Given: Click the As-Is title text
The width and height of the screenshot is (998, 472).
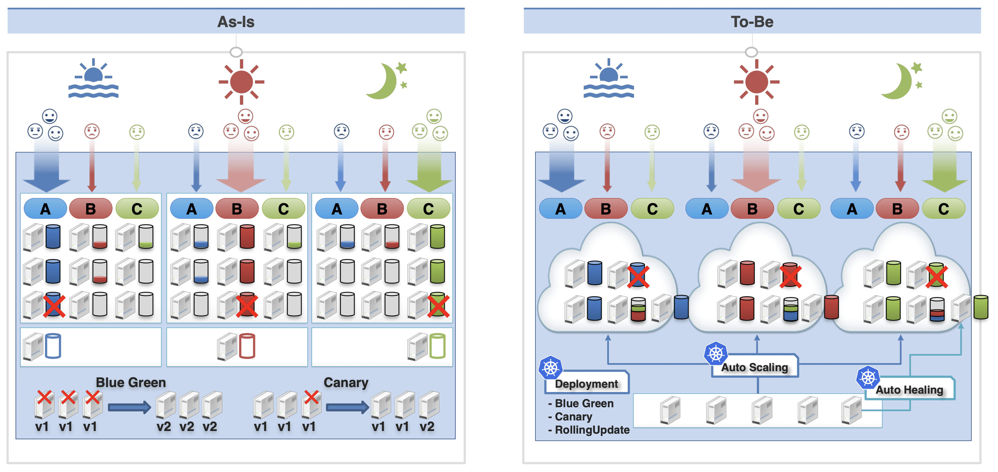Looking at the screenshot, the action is [236, 22].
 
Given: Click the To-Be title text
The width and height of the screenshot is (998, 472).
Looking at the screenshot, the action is [752, 22].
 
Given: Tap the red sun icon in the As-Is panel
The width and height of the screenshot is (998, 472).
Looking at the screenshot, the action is [241, 82].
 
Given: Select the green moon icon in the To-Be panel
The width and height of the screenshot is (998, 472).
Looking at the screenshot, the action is [901, 81].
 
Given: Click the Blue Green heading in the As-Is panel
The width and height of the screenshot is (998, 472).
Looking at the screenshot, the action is [131, 382].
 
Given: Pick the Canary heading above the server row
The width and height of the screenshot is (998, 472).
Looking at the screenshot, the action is [346, 382].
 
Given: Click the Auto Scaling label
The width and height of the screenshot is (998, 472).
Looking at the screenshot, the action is [754, 367].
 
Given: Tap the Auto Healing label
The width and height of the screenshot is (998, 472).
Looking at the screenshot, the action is [909, 390].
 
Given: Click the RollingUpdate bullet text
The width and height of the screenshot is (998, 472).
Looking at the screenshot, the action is [589, 430].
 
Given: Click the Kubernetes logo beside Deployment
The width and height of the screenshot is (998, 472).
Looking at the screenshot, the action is [551, 368].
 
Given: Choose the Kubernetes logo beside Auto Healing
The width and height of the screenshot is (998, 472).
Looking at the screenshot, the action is [868, 377].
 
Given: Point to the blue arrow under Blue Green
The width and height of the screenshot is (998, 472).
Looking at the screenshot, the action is [129, 407].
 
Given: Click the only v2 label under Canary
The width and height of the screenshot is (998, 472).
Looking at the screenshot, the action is [427, 426].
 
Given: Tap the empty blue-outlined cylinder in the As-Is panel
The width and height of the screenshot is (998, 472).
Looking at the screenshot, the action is [53, 346].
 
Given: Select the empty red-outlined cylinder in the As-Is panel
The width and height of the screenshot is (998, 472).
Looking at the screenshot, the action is [247, 346].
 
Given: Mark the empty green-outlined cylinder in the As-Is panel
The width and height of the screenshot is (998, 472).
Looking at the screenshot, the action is [437, 346].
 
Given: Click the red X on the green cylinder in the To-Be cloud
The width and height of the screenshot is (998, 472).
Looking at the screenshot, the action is [936, 276].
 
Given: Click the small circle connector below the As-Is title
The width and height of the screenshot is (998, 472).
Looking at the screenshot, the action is [236, 52].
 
